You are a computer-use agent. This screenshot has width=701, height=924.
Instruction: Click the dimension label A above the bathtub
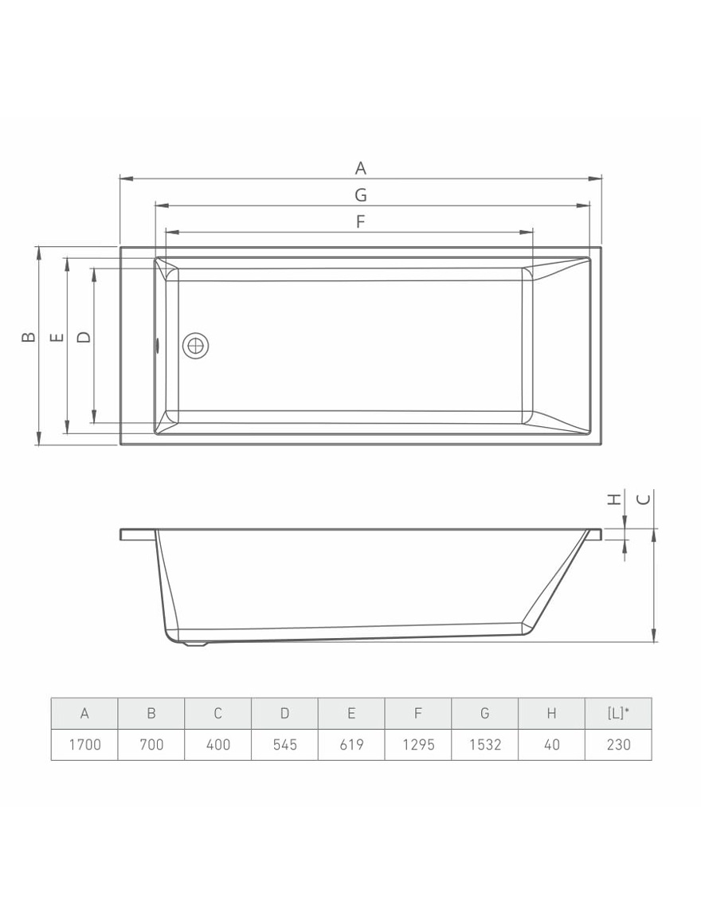tap(361, 168)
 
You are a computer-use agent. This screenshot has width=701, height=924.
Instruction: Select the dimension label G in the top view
tap(361, 194)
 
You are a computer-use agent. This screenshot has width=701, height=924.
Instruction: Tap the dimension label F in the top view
tap(360, 221)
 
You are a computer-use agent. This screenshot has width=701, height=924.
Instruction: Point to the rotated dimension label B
tap(28, 337)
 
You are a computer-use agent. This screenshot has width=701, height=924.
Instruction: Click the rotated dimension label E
tap(57, 337)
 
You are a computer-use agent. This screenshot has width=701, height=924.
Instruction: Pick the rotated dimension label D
tap(83, 337)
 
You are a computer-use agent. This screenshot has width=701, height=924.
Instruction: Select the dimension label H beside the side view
tap(613, 499)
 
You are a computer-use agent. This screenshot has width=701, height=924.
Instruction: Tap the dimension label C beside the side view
tap(644, 499)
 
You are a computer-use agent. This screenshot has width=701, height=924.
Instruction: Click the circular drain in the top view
tap(195, 346)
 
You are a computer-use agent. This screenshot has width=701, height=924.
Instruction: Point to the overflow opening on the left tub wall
tap(157, 346)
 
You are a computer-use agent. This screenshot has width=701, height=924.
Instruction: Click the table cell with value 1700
tap(84, 744)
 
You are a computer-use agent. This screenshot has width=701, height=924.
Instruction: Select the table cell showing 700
tap(151, 744)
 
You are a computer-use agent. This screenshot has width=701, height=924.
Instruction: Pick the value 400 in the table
tap(217, 744)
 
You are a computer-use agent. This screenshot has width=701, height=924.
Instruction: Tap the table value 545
tap(284, 744)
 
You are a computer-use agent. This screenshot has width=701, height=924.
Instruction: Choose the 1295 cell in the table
tap(417, 744)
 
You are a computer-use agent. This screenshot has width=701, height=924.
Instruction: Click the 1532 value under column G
tap(484, 744)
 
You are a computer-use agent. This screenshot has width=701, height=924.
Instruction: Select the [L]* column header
tap(618, 713)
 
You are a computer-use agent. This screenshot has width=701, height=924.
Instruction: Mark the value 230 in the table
tap(618, 744)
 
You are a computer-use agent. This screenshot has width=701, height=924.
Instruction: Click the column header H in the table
tap(551, 713)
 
